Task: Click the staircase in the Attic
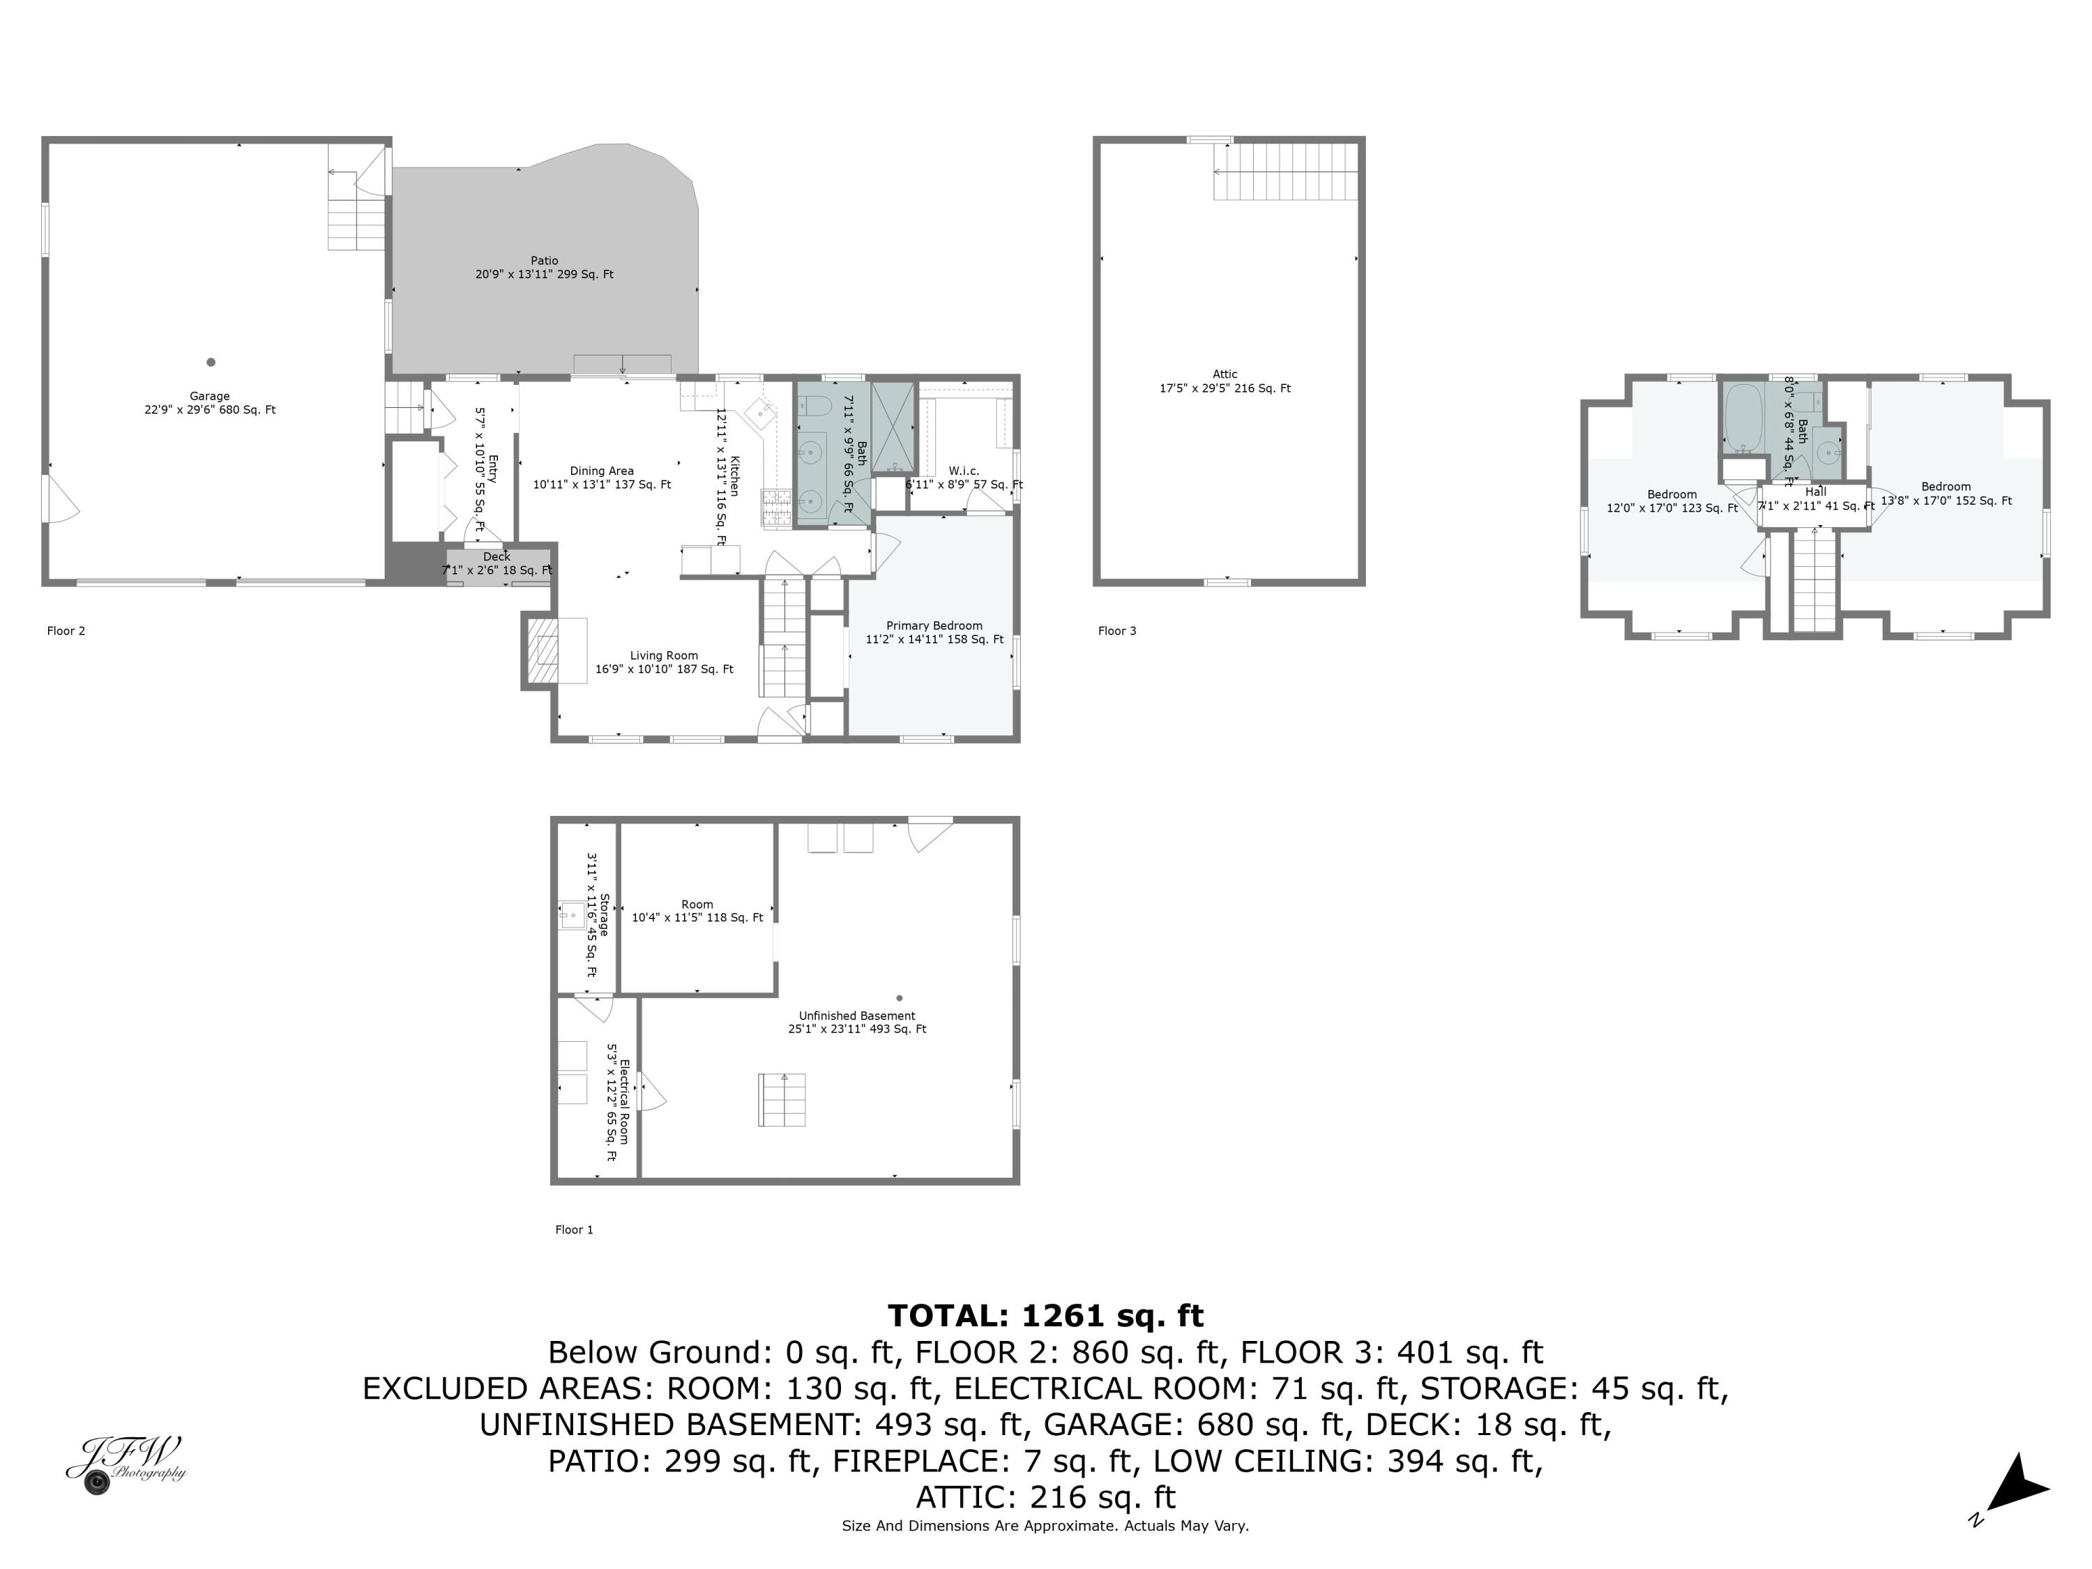[x=1286, y=171]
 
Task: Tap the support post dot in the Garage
[x=211, y=362]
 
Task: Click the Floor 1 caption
[x=574, y=1229]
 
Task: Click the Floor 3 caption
[x=1117, y=631]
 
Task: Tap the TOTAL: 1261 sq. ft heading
[x=1045, y=1316]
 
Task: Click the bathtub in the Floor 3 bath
[x=1742, y=416]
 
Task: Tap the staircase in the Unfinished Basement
[x=782, y=1099]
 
